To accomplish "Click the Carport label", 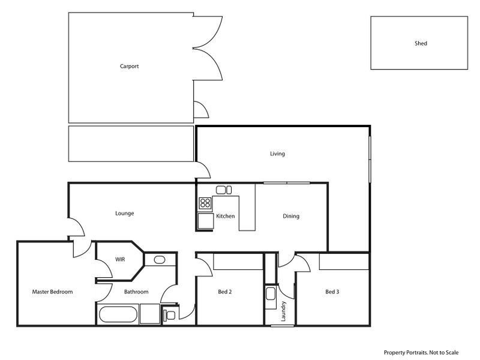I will coord(129,67).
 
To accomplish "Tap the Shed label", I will coord(421,44).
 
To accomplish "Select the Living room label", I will coord(277,154).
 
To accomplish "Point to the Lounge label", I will coord(124,213).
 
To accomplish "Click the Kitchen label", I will coord(225,216).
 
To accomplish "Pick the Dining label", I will coord(291,216).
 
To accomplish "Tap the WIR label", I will coord(120,260).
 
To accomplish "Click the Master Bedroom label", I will coord(52,292).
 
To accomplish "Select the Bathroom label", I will coord(136,292).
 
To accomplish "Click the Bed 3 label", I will coord(332,292).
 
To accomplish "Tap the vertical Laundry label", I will coord(284,311).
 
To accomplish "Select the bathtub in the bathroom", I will coord(118,314).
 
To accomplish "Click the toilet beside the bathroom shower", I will coord(170,314).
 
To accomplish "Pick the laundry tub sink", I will coord(270,295).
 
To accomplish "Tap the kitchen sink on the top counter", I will coord(224,190).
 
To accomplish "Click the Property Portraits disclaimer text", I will coord(421,353).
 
